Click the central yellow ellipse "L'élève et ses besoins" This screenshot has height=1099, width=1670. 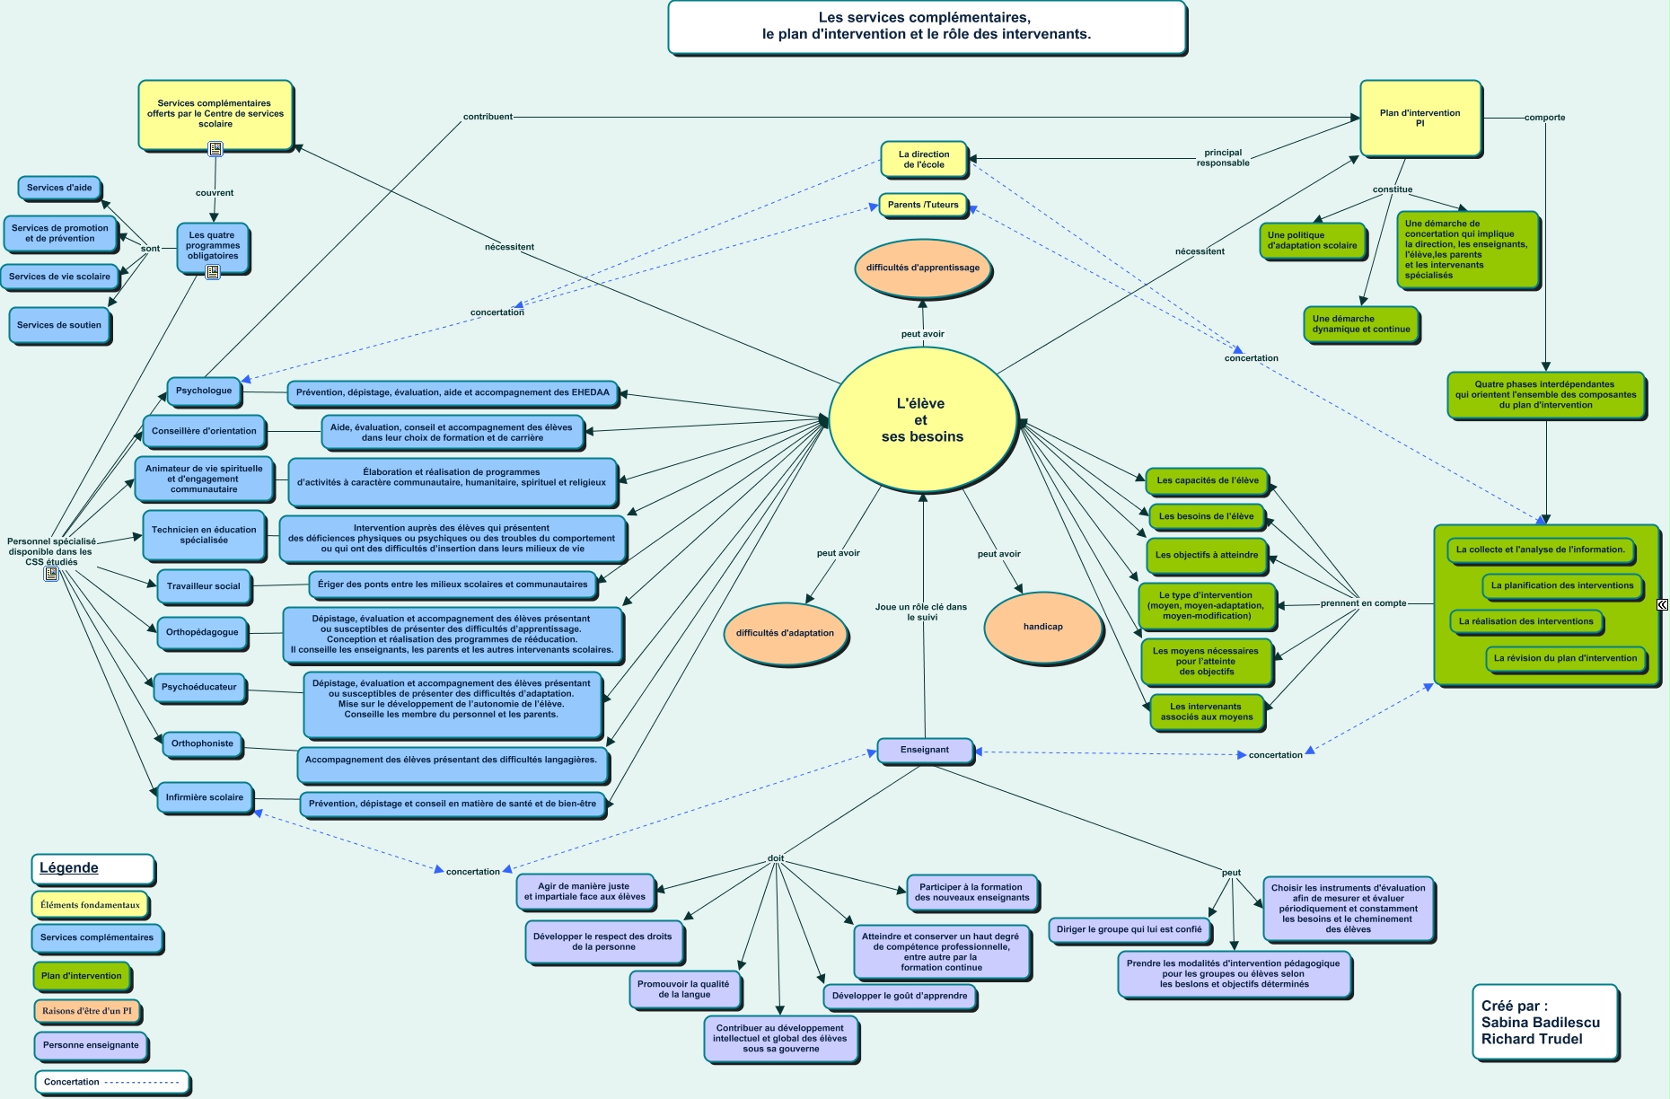point(922,419)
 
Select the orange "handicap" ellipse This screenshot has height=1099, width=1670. point(1042,627)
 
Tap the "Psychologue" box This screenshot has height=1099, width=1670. point(204,391)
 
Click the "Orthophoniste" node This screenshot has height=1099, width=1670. point(202,743)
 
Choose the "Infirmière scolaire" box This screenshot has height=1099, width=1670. point(205,797)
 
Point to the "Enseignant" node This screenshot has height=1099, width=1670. point(925,750)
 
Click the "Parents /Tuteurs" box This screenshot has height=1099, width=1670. point(923,205)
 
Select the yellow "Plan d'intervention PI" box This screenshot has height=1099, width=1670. point(1419,118)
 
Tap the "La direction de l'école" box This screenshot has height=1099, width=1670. point(924,159)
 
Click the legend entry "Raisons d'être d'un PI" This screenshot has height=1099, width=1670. point(87,1011)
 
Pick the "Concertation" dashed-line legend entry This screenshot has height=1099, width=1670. point(112,1082)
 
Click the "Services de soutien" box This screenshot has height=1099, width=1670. point(59,325)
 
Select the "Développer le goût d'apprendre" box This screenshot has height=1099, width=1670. point(900,996)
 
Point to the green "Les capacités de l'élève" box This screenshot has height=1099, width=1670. point(1208,480)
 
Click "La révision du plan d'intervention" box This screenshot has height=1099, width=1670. point(1565,658)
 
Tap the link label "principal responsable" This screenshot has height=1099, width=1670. point(1223,158)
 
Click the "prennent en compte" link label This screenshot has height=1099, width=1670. point(1363,603)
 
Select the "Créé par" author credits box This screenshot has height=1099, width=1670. point(1544,1023)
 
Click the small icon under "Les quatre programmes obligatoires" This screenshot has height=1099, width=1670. point(213,272)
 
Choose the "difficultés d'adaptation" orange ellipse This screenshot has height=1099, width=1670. point(785,633)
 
